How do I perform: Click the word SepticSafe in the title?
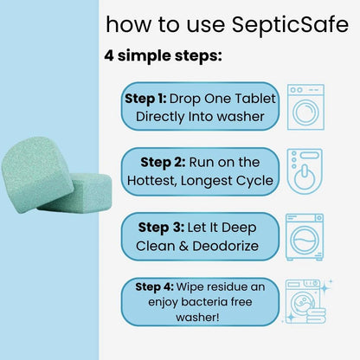(x=290, y=25)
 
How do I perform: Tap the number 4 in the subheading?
(x=109, y=55)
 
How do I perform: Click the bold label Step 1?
(x=145, y=99)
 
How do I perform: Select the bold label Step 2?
(x=163, y=163)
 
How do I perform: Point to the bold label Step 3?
(x=161, y=228)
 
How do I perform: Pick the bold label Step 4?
(x=155, y=287)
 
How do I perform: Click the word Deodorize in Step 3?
(x=226, y=246)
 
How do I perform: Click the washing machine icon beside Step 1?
(x=305, y=107)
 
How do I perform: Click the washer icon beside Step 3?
(x=305, y=237)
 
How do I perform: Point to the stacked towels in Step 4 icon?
(x=317, y=316)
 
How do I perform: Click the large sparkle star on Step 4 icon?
(x=326, y=288)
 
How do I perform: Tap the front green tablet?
(x=37, y=175)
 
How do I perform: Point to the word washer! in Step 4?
(x=197, y=318)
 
